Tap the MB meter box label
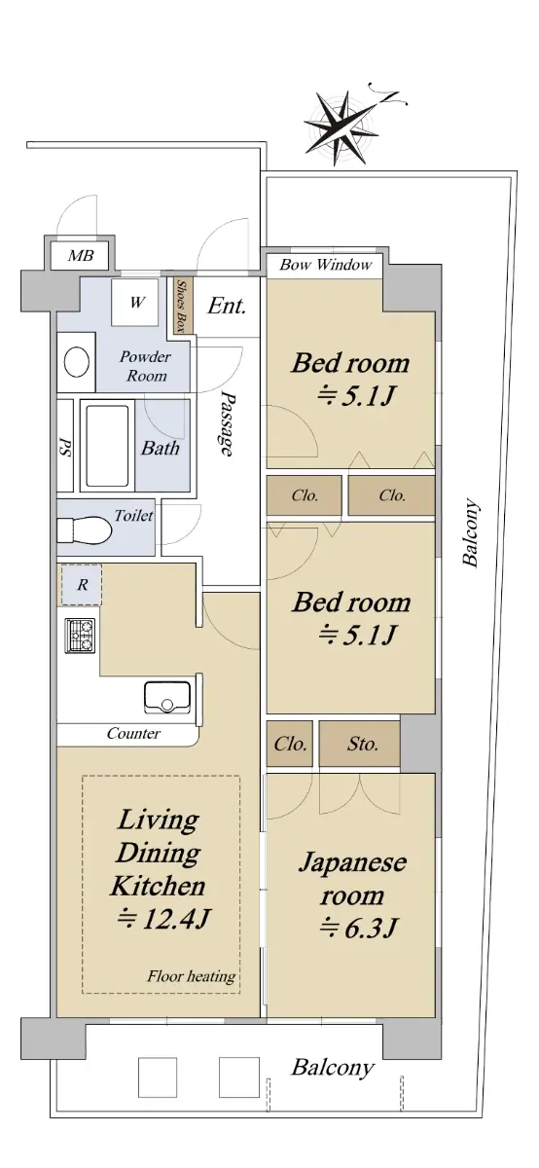[82, 255]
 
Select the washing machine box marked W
[136, 303]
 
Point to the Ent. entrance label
[227, 306]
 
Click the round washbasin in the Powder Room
[77, 362]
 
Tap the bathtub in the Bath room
[107, 446]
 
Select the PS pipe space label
[65, 448]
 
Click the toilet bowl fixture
[85, 530]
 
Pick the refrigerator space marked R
[82, 585]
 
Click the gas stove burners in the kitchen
[80, 635]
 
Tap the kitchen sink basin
[167, 697]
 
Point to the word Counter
[133, 734]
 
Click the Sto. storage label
[363, 744]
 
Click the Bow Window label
[326, 265]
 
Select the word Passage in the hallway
[226, 424]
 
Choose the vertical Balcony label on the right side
[470, 532]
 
